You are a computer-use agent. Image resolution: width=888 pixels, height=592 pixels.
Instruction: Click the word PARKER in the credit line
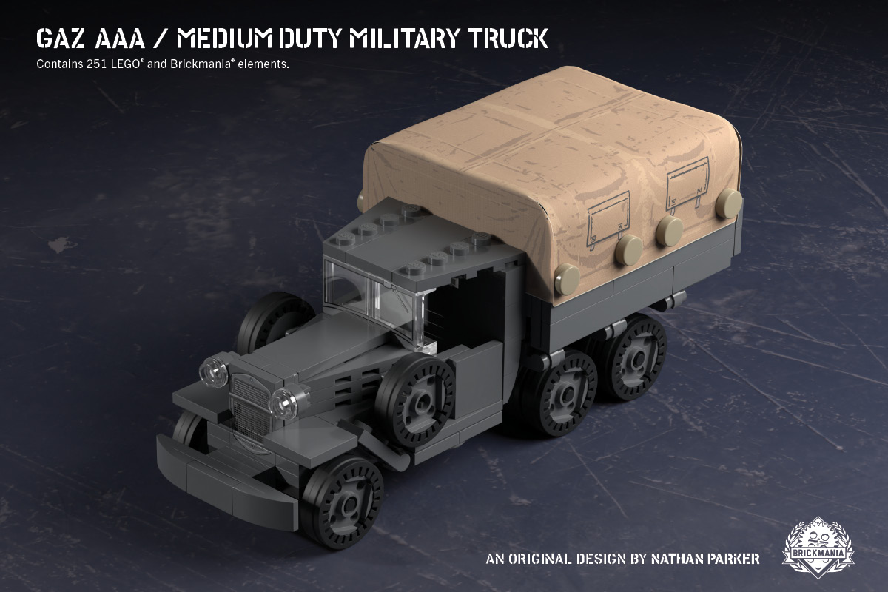[733, 558]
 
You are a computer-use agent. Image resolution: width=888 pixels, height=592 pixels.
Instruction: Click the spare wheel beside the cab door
[414, 400]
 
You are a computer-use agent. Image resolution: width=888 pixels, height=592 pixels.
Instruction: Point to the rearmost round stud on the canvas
[728, 201]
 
